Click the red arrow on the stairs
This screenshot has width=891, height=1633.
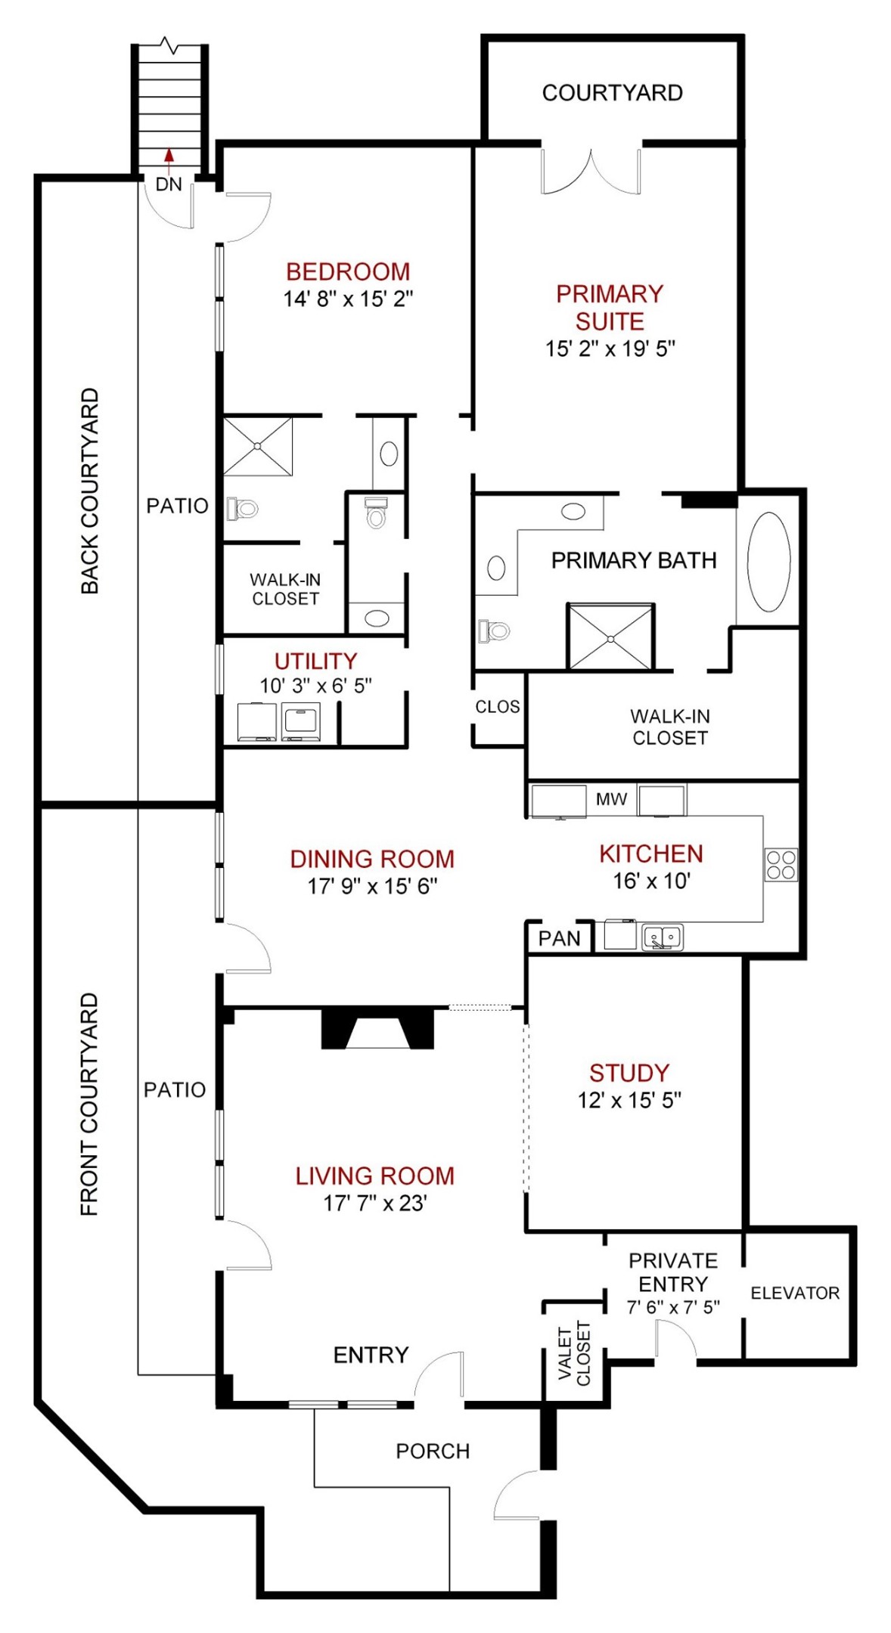coord(169,155)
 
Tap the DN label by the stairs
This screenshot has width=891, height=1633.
coord(169,184)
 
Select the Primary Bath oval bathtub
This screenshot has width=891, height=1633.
coord(768,562)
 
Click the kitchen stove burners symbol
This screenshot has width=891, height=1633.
coord(781,865)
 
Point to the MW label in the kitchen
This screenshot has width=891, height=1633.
coord(611,799)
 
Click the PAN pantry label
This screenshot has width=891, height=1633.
coord(559,938)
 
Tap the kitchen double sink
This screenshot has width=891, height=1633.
coord(663,937)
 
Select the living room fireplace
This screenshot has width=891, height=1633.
coord(377,1028)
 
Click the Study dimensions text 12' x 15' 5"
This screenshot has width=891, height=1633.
coord(629,1101)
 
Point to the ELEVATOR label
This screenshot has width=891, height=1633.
coord(795,1294)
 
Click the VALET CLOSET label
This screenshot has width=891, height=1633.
coord(573,1353)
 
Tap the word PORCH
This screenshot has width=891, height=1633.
coord(433,1451)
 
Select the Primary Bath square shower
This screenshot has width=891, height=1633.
coord(610,637)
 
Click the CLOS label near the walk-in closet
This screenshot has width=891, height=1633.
coord(497,707)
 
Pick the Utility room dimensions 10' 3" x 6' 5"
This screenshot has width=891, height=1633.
coord(315,686)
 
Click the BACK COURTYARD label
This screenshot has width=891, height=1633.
coord(90,491)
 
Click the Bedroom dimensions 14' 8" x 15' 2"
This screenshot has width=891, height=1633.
coord(348,299)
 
